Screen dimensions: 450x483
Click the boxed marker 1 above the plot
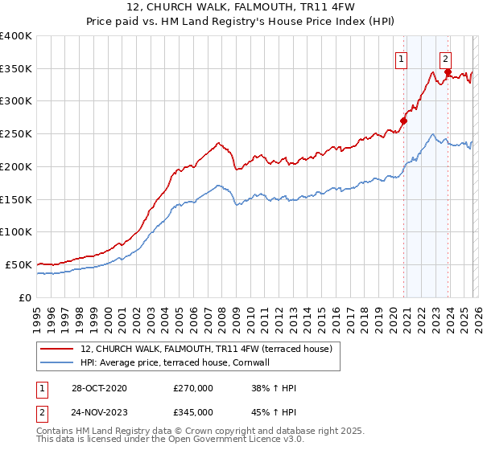point(401,58)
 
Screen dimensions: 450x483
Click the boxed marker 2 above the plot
point(445,58)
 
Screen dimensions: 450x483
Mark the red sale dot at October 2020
point(403,121)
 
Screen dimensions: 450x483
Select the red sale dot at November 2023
point(448,72)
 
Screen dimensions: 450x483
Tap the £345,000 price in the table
point(192,411)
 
